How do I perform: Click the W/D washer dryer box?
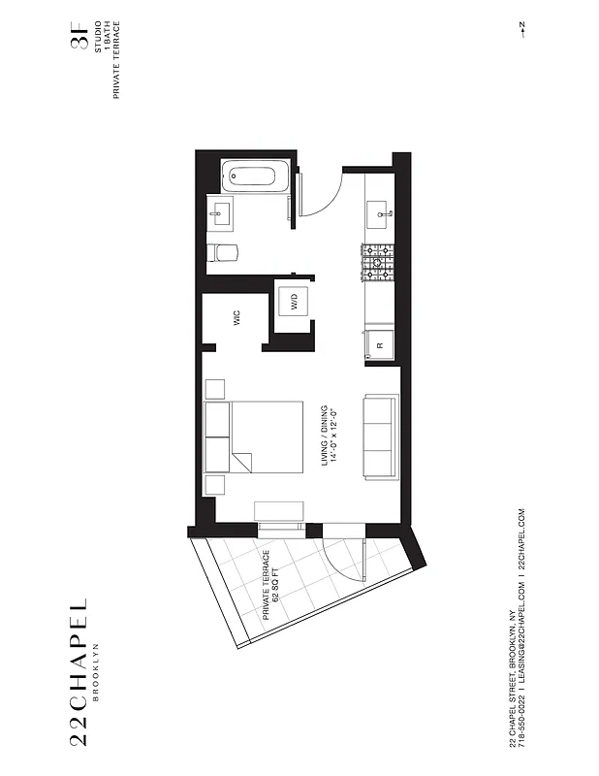tap(292, 303)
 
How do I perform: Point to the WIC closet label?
tap(236, 317)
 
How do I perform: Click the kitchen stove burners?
tap(378, 261)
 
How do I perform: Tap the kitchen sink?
tap(379, 208)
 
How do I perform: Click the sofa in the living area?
tap(379, 437)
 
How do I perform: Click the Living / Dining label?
tap(326, 436)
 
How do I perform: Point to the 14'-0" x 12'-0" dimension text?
tap(335, 436)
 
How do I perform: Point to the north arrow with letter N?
tap(520, 29)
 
